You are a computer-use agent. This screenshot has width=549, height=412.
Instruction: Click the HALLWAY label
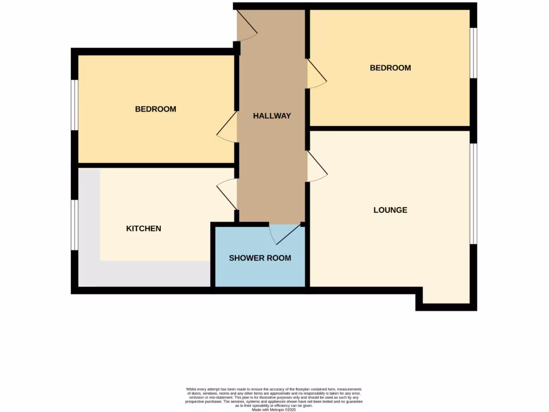pyautogui.click(x=272, y=115)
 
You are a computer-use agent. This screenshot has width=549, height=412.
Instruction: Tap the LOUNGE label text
pyautogui.click(x=390, y=210)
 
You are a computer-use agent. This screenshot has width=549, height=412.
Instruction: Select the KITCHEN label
pyautogui.click(x=144, y=229)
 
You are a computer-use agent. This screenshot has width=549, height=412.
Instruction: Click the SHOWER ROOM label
pyautogui.click(x=260, y=258)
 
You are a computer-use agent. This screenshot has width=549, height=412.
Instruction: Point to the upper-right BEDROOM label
pyautogui.click(x=390, y=68)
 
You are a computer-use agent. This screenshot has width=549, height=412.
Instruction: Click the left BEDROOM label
pyautogui.click(x=155, y=109)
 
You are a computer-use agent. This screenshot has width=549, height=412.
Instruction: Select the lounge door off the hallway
pyautogui.click(x=316, y=167)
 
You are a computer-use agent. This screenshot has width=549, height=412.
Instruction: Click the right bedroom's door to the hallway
pyautogui.click(x=316, y=75)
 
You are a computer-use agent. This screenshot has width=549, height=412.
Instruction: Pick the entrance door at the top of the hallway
pyautogui.click(x=247, y=27)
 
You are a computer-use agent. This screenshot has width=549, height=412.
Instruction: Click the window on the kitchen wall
pyautogui.click(x=75, y=225)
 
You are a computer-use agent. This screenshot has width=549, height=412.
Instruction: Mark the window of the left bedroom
pyautogui.click(x=75, y=105)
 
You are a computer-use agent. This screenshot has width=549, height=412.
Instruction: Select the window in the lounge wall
pyautogui.click(x=473, y=194)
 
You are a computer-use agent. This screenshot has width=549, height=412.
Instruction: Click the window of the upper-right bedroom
pyautogui.click(x=473, y=53)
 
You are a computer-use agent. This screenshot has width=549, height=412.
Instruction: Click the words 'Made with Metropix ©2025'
pyautogui.click(x=274, y=410)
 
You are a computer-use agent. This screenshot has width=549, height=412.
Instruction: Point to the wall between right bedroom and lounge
pyautogui.click(x=390, y=128)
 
